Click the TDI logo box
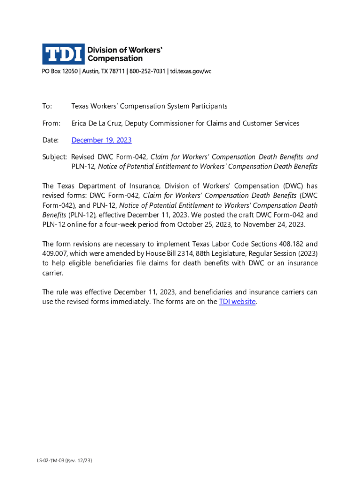64,54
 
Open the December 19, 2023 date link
101,140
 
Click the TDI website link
237,302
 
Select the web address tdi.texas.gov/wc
191,72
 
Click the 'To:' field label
47,106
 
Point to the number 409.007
55,254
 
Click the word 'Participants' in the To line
208,106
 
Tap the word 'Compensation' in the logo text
115,58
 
